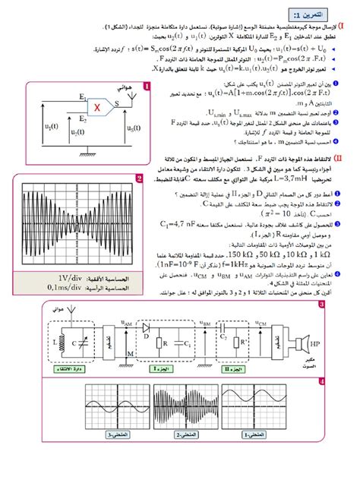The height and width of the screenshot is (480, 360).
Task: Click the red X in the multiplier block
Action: pyautogui.click(x=97, y=107)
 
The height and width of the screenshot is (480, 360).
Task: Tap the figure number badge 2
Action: pyautogui.click(x=140, y=179)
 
